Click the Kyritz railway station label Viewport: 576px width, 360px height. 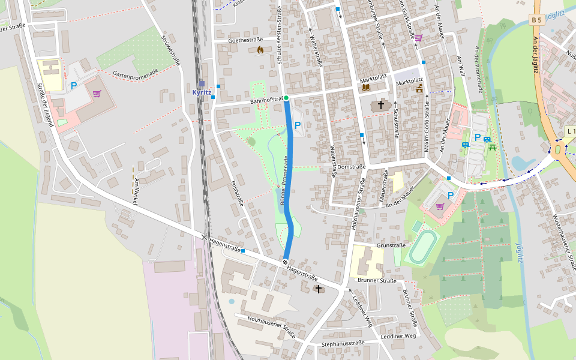pyautogui.click(x=202, y=92)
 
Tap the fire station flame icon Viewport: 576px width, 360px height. pyautogui.click(x=260, y=50)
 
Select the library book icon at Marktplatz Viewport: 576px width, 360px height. pyautogui.click(x=365, y=87)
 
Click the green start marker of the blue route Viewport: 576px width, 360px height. pyautogui.click(x=286, y=98)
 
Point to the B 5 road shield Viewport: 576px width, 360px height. pyautogui.click(x=536, y=20)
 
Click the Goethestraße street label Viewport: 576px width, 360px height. pyautogui.click(x=247, y=40)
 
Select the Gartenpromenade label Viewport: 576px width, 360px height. pyautogui.click(x=135, y=73)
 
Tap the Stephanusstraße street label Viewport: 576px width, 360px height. pyautogui.click(x=343, y=344)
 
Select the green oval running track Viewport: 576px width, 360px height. pyautogui.click(x=424, y=247)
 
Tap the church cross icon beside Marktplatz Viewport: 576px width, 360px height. pyautogui.click(x=380, y=106)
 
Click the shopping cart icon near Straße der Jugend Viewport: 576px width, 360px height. pyautogui.click(x=97, y=94)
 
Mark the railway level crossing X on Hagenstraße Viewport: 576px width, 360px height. pyautogui.click(x=205, y=238)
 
